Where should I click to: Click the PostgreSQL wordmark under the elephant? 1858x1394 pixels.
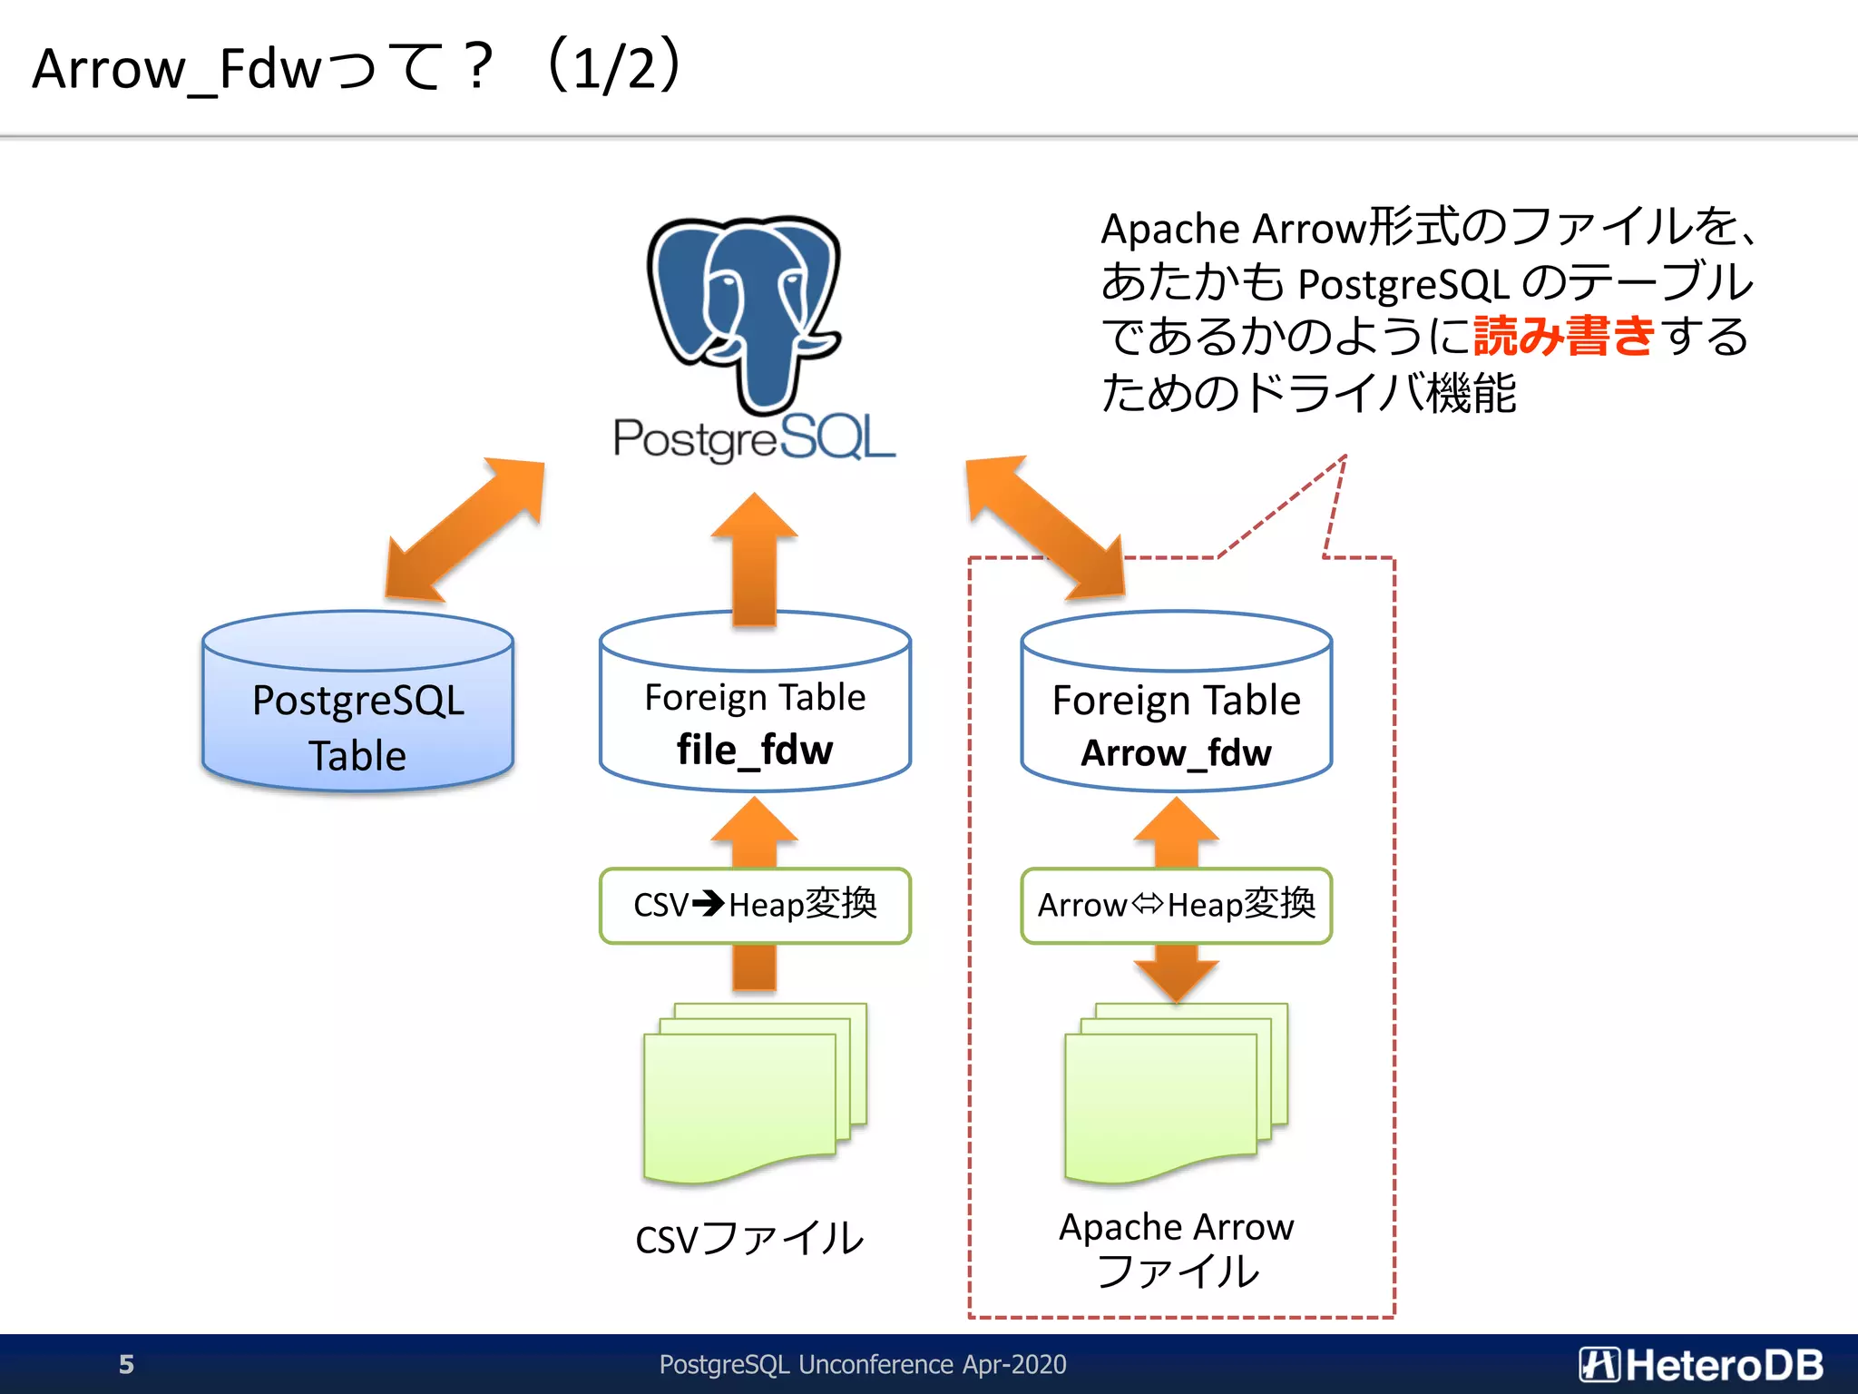click(753, 438)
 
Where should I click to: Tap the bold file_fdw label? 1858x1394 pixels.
click(754, 751)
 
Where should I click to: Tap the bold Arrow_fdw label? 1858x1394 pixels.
click(1176, 752)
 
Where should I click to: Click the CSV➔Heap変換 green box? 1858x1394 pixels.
click(754, 905)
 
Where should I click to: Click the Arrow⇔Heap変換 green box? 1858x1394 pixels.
click(1176, 905)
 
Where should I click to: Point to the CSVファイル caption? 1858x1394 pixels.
click(749, 1239)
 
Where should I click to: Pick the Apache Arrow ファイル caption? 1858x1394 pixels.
click(1177, 1249)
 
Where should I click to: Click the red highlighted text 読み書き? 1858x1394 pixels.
click(1564, 336)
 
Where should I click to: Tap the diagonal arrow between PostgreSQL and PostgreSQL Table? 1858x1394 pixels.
click(465, 529)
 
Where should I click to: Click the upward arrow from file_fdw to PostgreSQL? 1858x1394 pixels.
click(754, 561)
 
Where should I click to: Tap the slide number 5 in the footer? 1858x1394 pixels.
click(126, 1364)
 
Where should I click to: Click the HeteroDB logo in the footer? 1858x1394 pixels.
click(1701, 1364)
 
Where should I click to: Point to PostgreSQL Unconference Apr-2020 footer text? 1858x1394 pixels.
click(862, 1364)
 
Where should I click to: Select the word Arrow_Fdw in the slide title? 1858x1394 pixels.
click(177, 69)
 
